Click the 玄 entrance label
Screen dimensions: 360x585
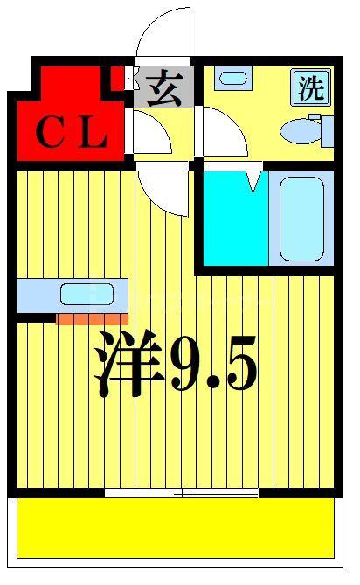pyautogui.click(x=164, y=89)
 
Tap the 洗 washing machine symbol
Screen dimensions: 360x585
pyautogui.click(x=311, y=87)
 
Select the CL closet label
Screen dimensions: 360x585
pyautogui.click(x=71, y=131)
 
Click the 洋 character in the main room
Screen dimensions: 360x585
pyautogui.click(x=129, y=362)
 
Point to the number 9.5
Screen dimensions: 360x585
pyautogui.click(x=213, y=363)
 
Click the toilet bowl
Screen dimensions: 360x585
pyautogui.click(x=301, y=131)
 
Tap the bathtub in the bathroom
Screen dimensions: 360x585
pyautogui.click(x=301, y=219)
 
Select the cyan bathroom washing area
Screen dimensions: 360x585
pyautogui.click(x=236, y=219)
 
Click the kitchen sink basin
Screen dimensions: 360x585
pyautogui.click(x=87, y=294)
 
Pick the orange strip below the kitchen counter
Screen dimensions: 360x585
pyautogui.click(x=92, y=319)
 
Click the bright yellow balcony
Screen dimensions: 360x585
pyautogui.click(x=175, y=528)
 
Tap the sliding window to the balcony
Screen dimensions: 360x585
pyautogui.click(x=182, y=493)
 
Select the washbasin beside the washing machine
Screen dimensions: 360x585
pyautogui.click(x=233, y=79)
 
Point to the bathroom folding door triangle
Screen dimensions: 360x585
pyautogui.click(x=253, y=182)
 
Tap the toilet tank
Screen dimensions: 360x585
pyautogui.click(x=328, y=131)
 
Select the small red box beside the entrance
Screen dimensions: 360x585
pyautogui.click(x=118, y=78)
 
